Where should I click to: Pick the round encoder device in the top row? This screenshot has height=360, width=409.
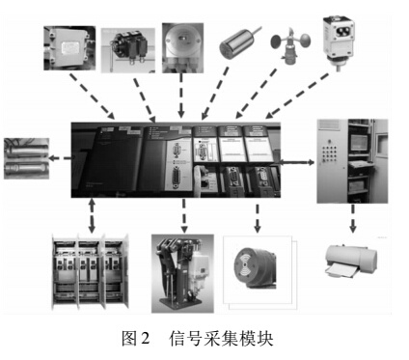[x=183, y=44]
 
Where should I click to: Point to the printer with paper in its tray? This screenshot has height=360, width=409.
[x=350, y=261]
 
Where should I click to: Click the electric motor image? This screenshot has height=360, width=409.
[x=254, y=260]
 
